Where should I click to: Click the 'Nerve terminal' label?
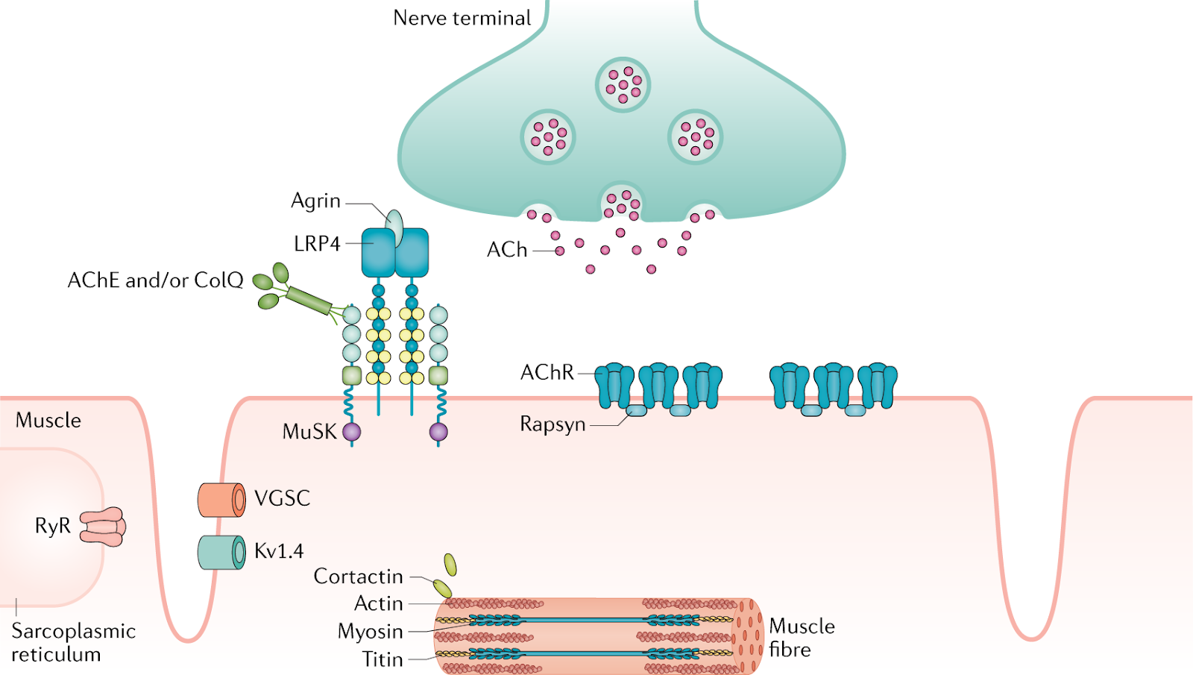pos(462,18)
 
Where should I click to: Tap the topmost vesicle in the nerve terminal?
pos(623,84)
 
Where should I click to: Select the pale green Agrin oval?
pos(394,227)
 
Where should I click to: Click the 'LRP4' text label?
pos(317,244)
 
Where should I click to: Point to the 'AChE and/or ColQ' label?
pos(155,280)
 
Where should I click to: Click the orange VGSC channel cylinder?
pos(221,499)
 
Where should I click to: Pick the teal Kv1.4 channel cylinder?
pos(221,552)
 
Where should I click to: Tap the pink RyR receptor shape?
pos(103,527)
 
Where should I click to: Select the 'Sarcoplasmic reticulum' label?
pos(73,642)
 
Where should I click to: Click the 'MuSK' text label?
pos(309,432)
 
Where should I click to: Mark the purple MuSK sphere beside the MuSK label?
pos(351,431)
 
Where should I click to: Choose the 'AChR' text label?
pos(547,372)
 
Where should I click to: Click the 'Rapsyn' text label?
pos(553,424)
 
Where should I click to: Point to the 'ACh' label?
pos(507,250)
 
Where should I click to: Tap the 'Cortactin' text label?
pos(358,577)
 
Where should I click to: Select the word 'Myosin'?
pos(370,632)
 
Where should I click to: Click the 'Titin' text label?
pos(383,659)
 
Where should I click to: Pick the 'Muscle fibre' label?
pos(802,638)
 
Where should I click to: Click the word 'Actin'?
pos(379,603)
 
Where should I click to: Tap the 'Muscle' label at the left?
pos(48,421)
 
